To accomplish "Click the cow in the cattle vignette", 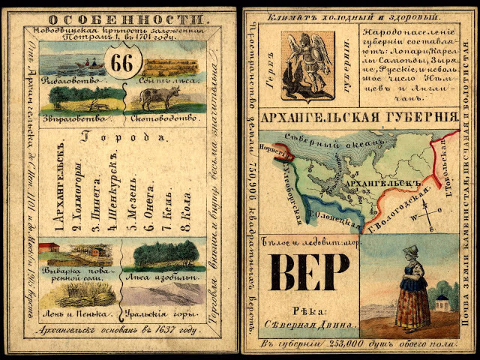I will tap(158, 97).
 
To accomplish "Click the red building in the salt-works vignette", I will tap(50, 247).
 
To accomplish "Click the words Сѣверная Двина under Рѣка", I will tap(308, 323).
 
